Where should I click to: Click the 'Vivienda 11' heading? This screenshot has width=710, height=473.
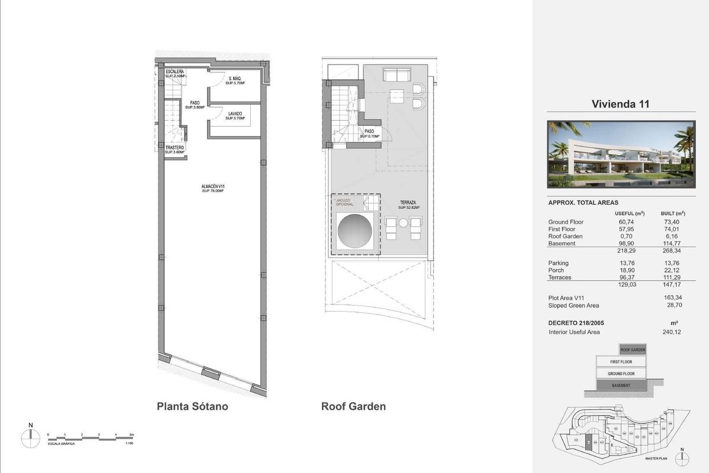(x=621, y=104)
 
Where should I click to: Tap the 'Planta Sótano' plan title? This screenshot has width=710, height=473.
(x=192, y=407)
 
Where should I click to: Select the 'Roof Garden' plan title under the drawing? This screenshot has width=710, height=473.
(x=353, y=407)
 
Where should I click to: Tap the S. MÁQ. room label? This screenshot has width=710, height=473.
(x=235, y=81)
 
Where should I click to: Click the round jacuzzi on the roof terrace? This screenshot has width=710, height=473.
(x=353, y=231)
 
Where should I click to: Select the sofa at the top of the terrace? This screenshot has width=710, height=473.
(x=397, y=75)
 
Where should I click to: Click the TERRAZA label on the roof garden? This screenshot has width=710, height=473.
(x=408, y=205)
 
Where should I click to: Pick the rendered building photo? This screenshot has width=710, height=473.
(x=621, y=154)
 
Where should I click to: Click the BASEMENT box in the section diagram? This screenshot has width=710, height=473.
(x=621, y=385)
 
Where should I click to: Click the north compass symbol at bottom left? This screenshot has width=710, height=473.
(x=30, y=438)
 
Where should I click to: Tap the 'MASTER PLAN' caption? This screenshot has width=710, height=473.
(x=655, y=459)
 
